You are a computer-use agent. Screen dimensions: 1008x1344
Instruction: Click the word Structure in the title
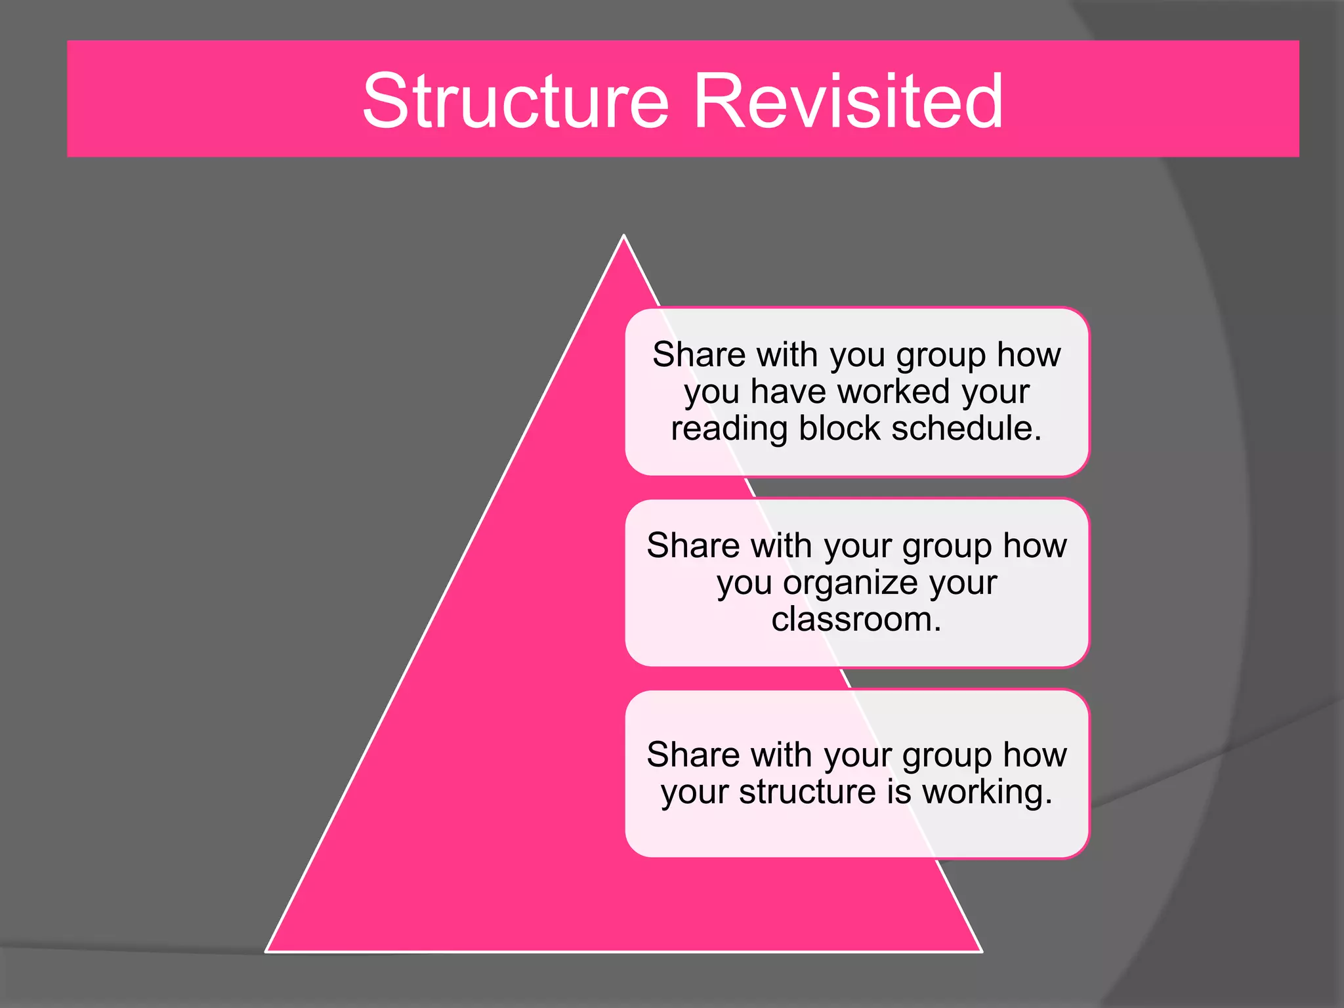point(516,101)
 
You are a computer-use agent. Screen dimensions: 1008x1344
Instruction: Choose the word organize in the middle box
point(859,583)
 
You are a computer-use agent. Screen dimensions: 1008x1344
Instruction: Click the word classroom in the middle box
point(852,619)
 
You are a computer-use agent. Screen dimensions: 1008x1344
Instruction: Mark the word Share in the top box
point(700,354)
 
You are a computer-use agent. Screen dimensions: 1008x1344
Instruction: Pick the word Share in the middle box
point(694,545)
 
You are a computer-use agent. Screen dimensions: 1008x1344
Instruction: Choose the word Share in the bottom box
point(694,755)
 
